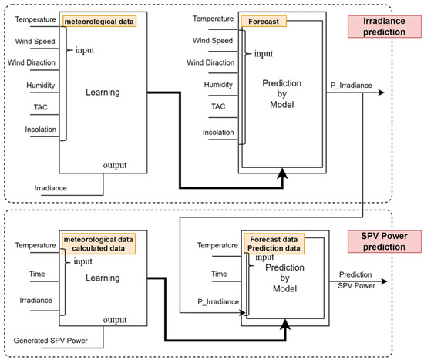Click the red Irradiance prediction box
(x=384, y=26)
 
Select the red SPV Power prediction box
(x=384, y=241)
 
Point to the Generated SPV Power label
(x=51, y=341)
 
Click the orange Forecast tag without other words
(x=264, y=22)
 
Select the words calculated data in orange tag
(x=99, y=248)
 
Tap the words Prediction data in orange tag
(x=274, y=248)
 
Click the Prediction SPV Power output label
(x=356, y=280)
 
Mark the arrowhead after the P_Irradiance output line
(x=382, y=93)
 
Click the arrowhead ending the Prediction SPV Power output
(x=384, y=281)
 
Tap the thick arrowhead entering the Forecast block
(x=283, y=173)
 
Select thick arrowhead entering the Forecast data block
(x=285, y=325)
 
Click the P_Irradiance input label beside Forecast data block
(x=218, y=301)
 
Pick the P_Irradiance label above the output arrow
(x=352, y=86)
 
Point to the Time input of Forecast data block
(x=219, y=274)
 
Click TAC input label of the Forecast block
(x=218, y=106)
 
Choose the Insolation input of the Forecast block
(x=218, y=133)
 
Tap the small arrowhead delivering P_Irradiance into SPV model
(x=242, y=313)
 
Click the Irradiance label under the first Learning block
(x=51, y=188)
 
